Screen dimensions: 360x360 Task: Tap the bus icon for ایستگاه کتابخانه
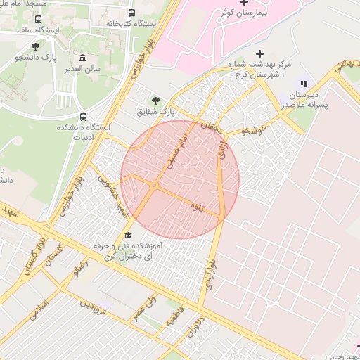131,13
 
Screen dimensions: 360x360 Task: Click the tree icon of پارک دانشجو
35,46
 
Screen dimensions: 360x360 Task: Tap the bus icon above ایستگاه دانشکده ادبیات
84,117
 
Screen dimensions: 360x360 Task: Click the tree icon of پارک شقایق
155,99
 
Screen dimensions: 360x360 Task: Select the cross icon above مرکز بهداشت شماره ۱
260,53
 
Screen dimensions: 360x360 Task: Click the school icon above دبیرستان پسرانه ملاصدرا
304,84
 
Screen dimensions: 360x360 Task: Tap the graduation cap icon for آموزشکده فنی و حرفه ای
128,236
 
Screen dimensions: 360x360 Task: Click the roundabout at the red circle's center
153,186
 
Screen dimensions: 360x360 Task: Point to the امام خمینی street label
176,153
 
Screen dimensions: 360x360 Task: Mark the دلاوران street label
201,328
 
